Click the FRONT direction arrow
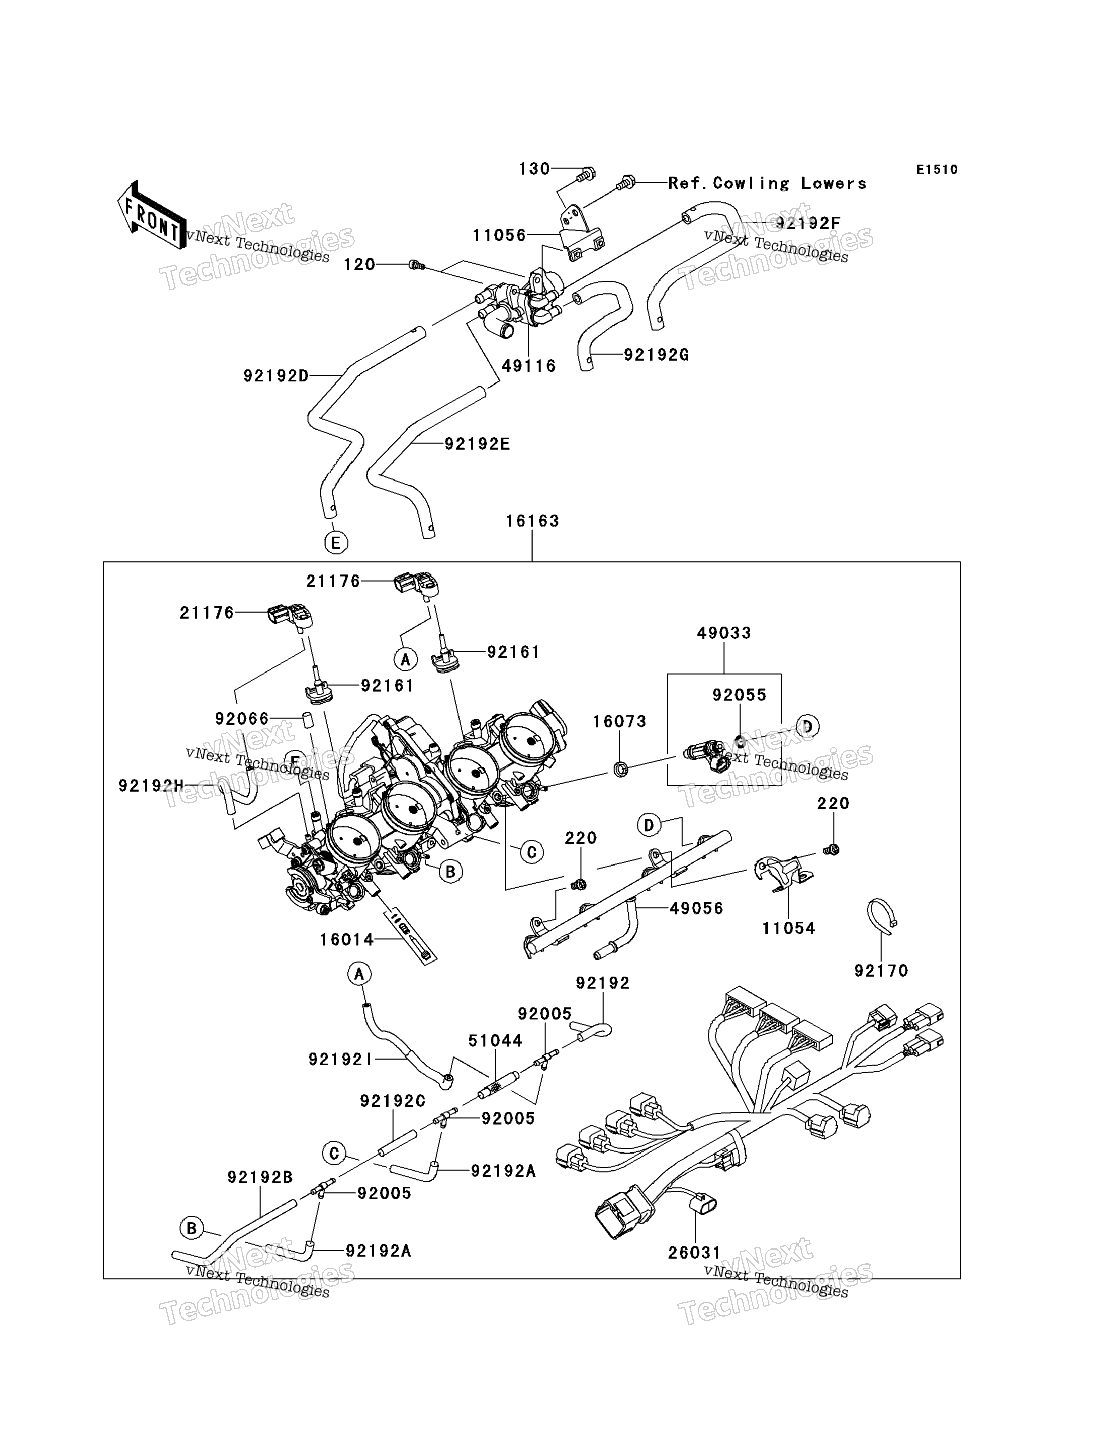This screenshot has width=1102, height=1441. (151, 216)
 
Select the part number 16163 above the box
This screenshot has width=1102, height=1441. (532, 521)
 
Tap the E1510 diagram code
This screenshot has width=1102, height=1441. (937, 170)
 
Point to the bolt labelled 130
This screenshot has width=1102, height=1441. (586, 174)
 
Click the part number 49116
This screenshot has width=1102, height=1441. (529, 366)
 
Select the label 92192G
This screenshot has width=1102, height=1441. (656, 355)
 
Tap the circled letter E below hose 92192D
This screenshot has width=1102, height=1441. (336, 543)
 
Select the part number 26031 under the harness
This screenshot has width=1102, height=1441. (695, 1253)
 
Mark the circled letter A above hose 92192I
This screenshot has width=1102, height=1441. (359, 974)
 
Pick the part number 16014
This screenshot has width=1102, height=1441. (346, 939)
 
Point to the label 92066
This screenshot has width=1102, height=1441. (242, 719)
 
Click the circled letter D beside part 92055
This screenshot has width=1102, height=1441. (807, 727)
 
